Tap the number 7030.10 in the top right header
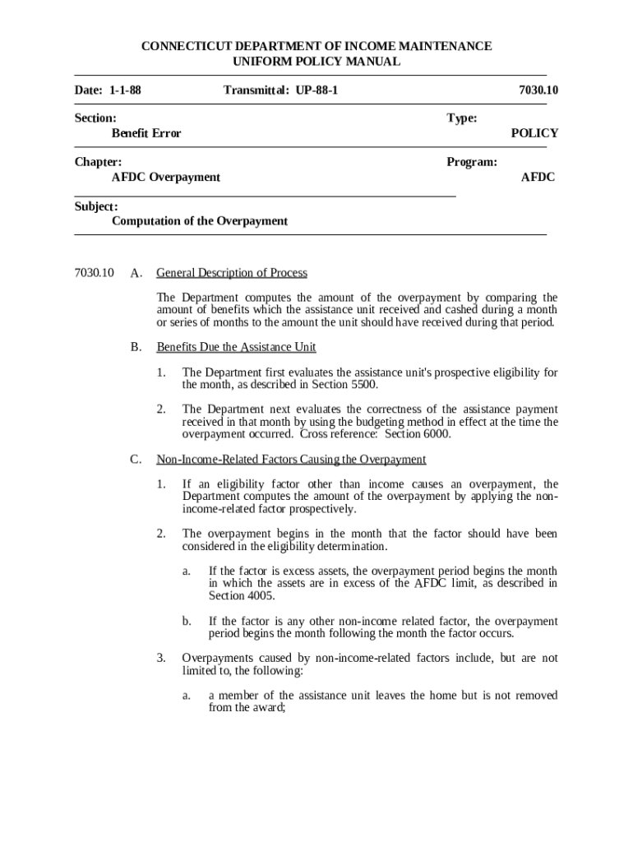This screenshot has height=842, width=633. (538, 90)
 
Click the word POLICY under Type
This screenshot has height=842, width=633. (534, 133)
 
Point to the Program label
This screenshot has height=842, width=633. (472, 162)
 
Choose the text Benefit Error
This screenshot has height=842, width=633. (146, 133)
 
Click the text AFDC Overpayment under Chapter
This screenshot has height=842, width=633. (166, 177)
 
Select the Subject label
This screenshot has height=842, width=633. (96, 206)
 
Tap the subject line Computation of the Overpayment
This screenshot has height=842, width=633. (200, 221)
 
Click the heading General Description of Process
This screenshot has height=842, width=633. (232, 273)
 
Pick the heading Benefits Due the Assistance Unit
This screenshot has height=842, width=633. (236, 347)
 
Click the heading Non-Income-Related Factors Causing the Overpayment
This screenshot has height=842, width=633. (291, 459)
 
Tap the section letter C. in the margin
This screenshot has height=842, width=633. (136, 459)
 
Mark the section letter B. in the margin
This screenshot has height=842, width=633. (136, 347)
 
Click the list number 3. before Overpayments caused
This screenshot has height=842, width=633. (162, 658)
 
